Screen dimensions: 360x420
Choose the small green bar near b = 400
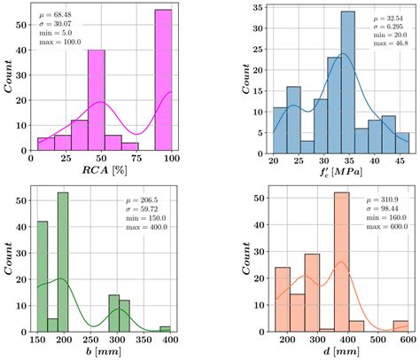click(x=165, y=328)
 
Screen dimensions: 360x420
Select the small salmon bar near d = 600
click(x=401, y=325)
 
